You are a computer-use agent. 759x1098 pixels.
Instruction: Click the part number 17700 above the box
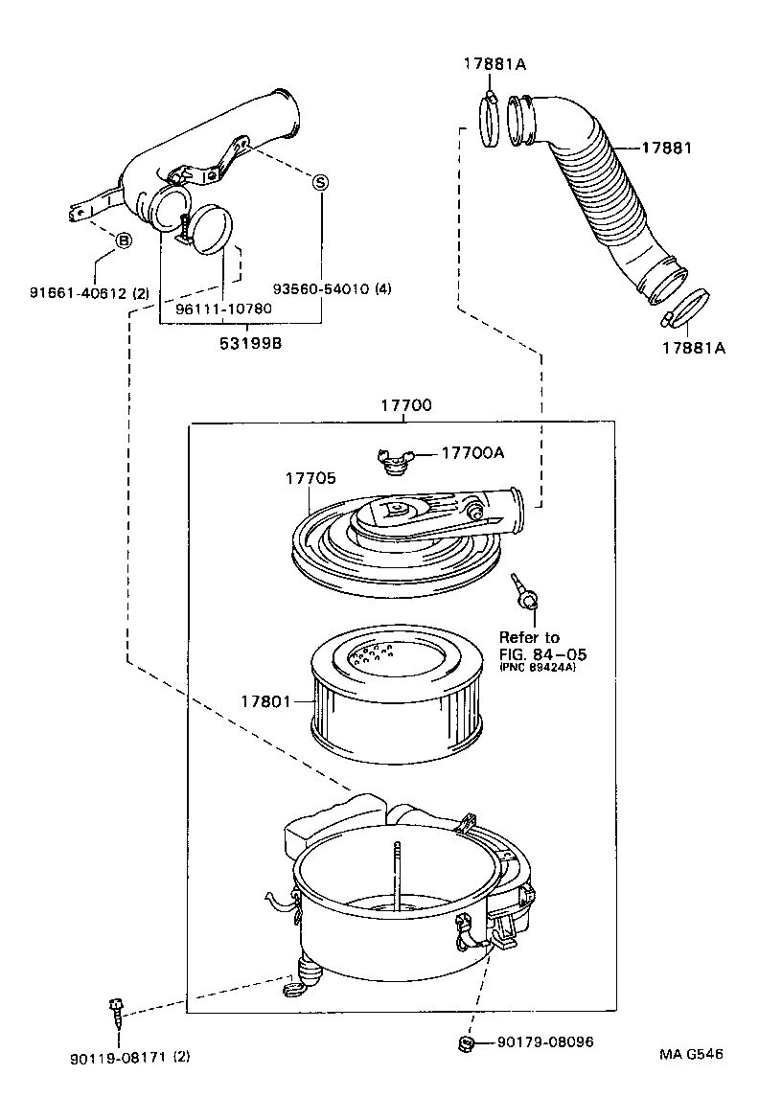(x=406, y=405)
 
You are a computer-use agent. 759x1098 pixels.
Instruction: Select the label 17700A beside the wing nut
(x=471, y=454)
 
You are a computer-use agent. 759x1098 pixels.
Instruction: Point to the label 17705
(x=309, y=476)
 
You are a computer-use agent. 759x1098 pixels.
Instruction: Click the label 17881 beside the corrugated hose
(x=666, y=149)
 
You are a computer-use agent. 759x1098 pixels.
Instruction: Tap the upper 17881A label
(x=495, y=64)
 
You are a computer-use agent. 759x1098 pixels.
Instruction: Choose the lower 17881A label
(x=692, y=348)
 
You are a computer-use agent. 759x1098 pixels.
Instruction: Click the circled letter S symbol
(x=321, y=182)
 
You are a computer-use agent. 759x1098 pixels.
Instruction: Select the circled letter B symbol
(x=124, y=240)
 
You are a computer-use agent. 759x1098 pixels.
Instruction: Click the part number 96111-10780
(x=223, y=309)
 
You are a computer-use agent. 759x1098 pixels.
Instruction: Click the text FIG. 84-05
(x=542, y=654)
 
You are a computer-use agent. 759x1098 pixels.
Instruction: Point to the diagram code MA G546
(x=691, y=1055)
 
